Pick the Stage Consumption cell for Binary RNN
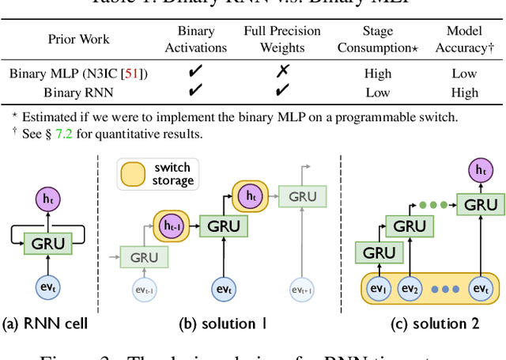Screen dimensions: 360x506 377,92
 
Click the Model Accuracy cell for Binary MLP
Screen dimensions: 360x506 464,74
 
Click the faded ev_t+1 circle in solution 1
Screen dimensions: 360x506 303,288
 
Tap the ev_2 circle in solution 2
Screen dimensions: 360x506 411,288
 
